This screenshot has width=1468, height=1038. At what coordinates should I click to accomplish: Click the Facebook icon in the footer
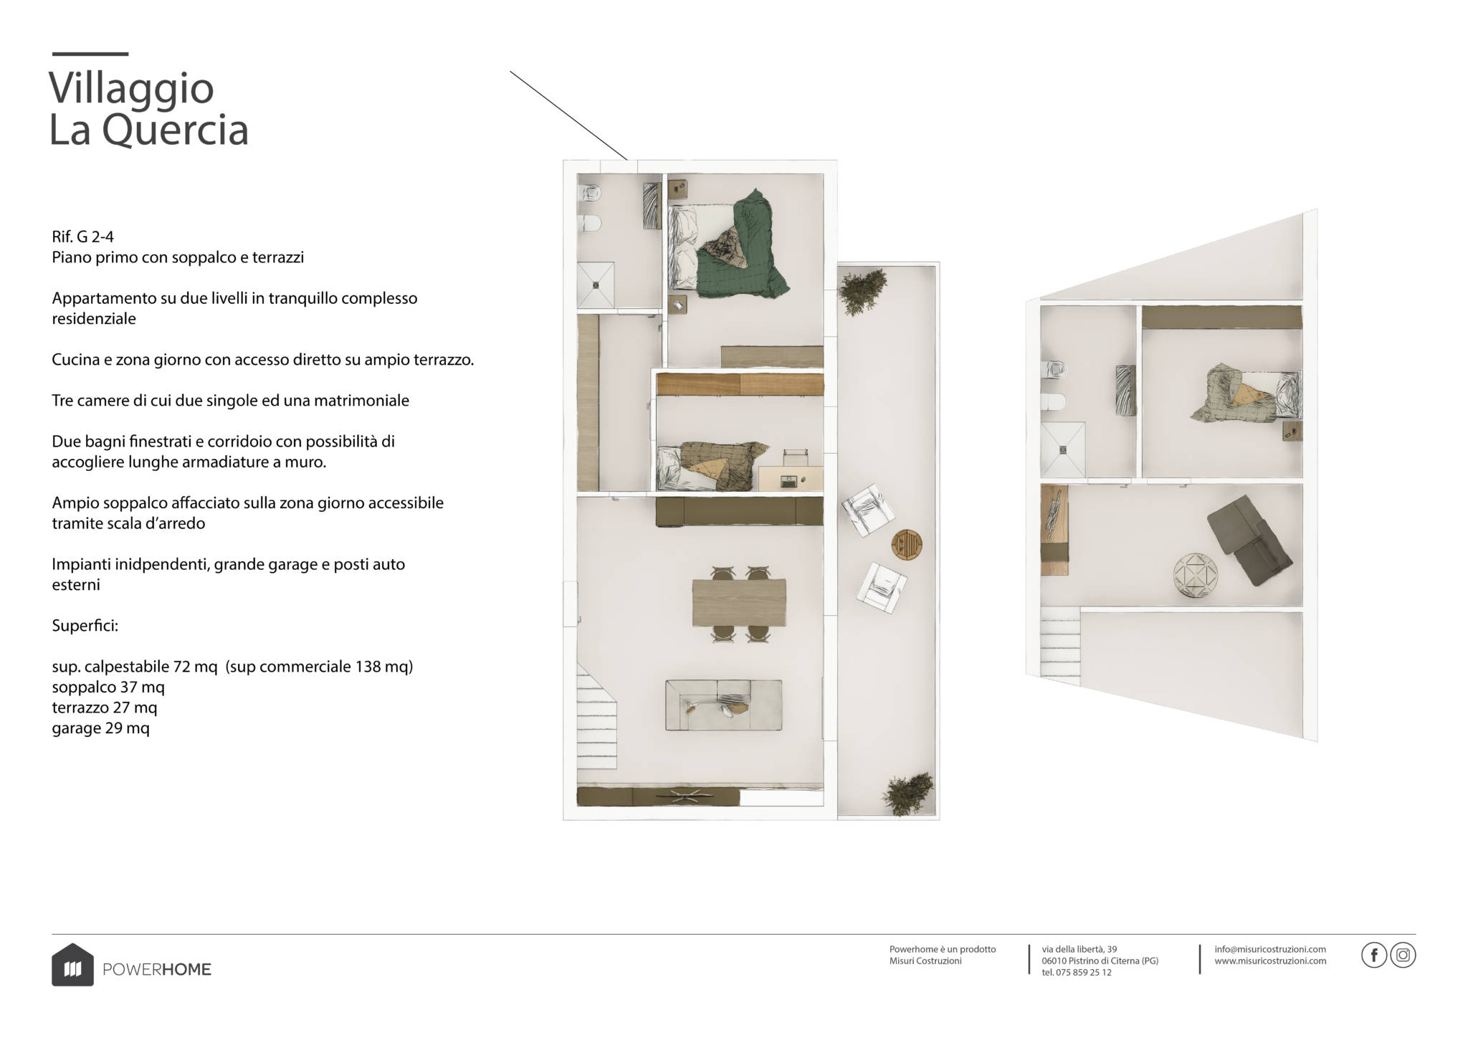pyautogui.click(x=1373, y=956)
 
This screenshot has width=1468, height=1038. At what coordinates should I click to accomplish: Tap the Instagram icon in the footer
pyautogui.click(x=1403, y=956)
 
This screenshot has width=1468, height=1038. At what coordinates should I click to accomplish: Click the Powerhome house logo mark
pyautogui.click(x=72, y=964)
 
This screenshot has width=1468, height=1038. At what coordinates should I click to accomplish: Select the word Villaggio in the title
pyautogui.click(x=131, y=88)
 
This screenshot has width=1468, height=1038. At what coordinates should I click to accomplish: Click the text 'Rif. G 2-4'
pyautogui.click(x=82, y=237)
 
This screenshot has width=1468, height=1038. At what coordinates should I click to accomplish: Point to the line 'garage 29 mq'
pyautogui.click(x=100, y=728)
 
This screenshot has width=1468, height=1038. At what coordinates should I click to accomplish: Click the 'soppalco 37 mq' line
pyautogui.click(x=108, y=687)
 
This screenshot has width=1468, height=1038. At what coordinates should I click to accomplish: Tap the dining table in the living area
pyautogui.click(x=739, y=601)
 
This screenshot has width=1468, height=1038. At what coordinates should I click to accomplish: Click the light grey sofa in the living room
pyautogui.click(x=723, y=705)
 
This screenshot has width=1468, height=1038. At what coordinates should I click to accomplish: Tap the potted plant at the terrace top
pyautogui.click(x=859, y=290)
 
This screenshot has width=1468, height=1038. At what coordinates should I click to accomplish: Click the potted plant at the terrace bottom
pyautogui.click(x=907, y=795)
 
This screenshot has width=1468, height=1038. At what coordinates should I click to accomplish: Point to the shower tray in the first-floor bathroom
pyautogui.click(x=596, y=284)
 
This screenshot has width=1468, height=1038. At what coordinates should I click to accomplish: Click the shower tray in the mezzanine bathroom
pyautogui.click(x=1063, y=449)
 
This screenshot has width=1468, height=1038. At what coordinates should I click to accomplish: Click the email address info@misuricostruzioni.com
pyautogui.click(x=1270, y=949)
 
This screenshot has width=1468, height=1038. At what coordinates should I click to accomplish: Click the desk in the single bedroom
pyautogui.click(x=791, y=478)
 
